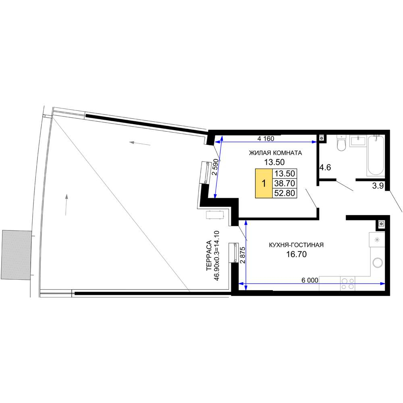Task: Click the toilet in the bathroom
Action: (x=341, y=143)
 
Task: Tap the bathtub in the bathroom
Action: (x=376, y=156)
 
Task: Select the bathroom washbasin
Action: (x=357, y=141)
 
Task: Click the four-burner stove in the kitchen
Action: (x=348, y=283)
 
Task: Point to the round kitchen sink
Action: (x=378, y=263)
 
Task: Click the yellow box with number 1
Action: (x=264, y=183)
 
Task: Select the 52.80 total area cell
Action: (x=285, y=193)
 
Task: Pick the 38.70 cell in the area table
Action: (x=285, y=183)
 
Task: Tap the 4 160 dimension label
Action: (x=266, y=139)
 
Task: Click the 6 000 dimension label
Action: (x=310, y=280)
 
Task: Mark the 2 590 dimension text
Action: (x=215, y=167)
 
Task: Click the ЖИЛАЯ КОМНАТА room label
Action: (x=275, y=153)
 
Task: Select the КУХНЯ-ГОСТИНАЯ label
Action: (x=296, y=245)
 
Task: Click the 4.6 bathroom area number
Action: (x=325, y=168)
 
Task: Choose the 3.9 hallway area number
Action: (x=378, y=185)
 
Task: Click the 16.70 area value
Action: (x=297, y=254)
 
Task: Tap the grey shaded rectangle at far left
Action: (x=16, y=255)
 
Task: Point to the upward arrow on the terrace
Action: (x=66, y=205)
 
